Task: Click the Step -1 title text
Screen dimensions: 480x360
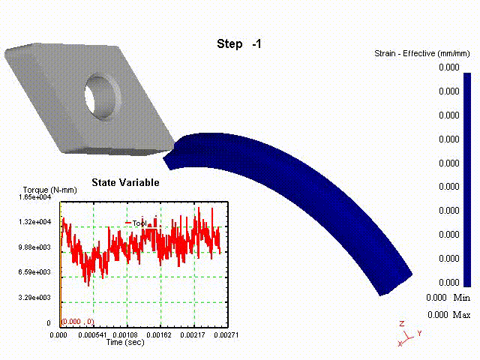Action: pos(239,43)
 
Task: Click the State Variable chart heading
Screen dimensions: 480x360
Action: pos(125,182)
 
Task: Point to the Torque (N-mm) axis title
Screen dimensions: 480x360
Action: pos(50,190)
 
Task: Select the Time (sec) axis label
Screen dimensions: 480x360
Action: pos(125,342)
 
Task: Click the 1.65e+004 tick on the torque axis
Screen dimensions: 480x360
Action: pos(35,197)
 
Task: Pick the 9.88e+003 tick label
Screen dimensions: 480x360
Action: pos(34,247)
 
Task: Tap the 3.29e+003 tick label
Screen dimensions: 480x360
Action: pos(34,297)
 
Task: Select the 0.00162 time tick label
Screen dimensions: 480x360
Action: pos(159,335)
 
